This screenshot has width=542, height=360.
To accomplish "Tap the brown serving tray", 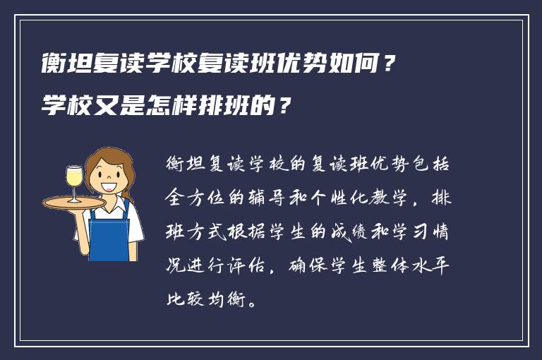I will (x=73, y=202).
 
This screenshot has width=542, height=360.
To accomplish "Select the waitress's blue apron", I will (x=109, y=232).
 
